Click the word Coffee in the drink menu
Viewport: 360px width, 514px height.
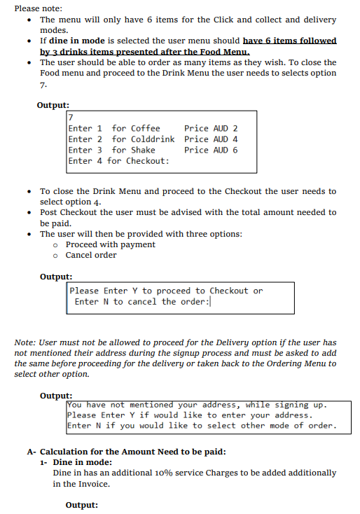(146, 128)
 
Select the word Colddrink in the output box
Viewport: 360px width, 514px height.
(153, 139)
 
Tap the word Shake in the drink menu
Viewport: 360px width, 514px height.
(143, 150)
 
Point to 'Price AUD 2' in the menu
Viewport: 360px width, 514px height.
(211, 128)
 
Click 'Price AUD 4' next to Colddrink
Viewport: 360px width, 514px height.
(211, 139)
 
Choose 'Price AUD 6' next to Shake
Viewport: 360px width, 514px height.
(211, 150)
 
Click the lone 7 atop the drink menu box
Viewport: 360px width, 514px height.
(71, 117)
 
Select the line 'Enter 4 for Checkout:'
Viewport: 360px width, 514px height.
(118, 161)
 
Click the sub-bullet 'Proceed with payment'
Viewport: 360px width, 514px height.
(110, 244)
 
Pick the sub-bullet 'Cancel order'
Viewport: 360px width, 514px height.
(91, 255)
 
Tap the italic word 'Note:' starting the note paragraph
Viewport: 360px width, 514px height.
(26, 342)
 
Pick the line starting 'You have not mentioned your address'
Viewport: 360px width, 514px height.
(197, 405)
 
